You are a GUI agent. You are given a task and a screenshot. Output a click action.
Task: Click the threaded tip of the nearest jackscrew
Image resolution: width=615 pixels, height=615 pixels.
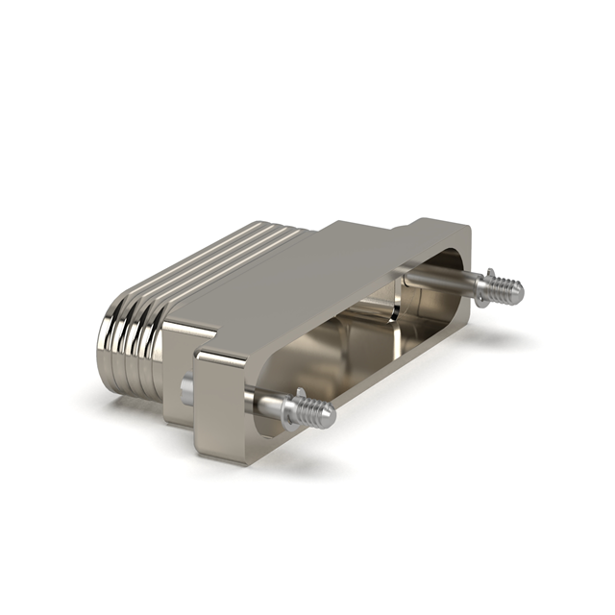(320, 414)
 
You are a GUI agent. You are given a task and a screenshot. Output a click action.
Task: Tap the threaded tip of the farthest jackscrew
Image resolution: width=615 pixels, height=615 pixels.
(510, 287)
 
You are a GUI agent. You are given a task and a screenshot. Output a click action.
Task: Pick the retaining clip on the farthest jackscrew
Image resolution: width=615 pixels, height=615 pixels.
(484, 285)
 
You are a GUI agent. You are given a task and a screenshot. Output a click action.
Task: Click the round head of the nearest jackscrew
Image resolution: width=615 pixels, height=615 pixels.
(186, 390)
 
